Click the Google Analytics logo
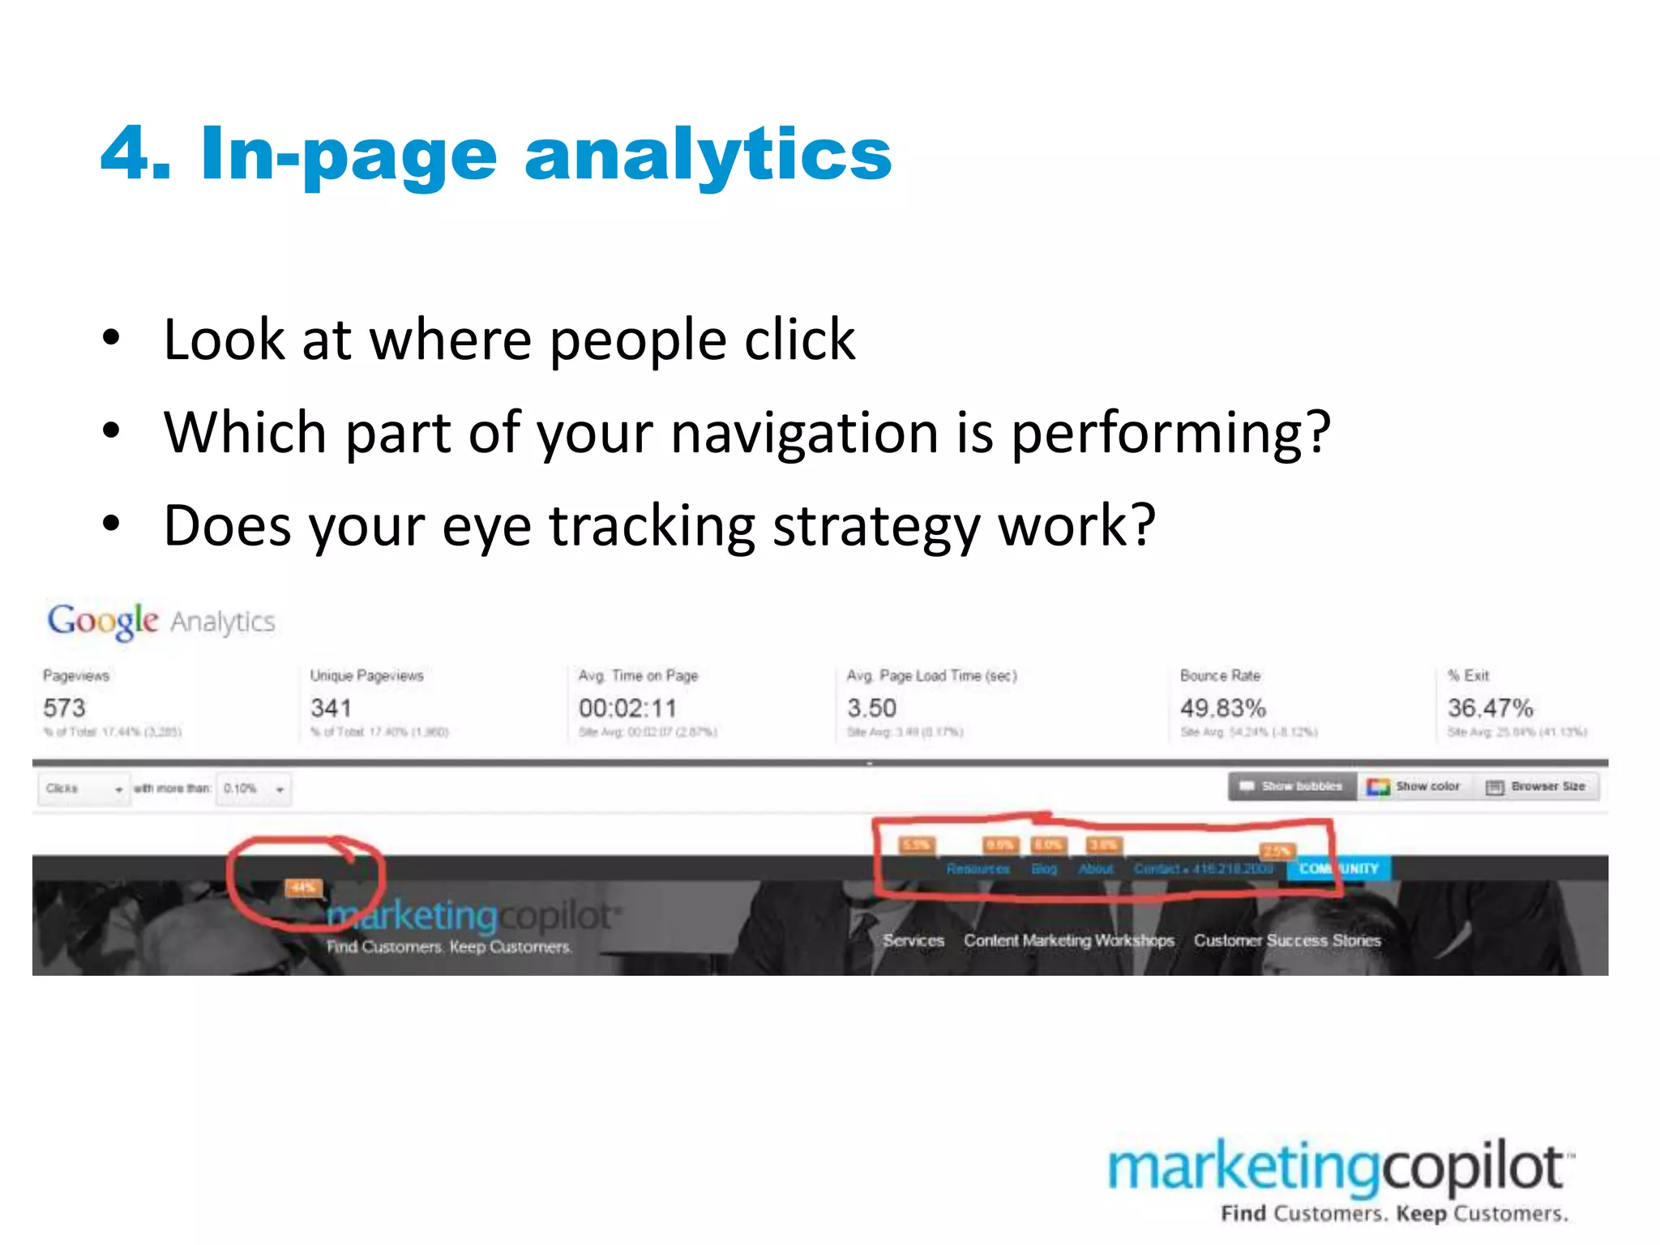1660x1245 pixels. (x=160, y=621)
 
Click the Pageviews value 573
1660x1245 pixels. (x=64, y=708)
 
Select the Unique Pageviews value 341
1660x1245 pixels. (x=331, y=708)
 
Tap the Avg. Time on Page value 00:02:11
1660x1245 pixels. (x=627, y=708)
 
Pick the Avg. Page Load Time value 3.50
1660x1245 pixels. (x=871, y=708)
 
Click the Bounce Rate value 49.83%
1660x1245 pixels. (x=1222, y=708)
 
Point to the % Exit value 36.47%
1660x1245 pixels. (x=1490, y=708)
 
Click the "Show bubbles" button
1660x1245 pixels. (x=1292, y=786)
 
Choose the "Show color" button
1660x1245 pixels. (x=1414, y=786)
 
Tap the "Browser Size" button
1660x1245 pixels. (x=1537, y=786)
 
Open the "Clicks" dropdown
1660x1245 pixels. (x=83, y=789)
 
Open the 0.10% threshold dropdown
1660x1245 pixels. (x=254, y=789)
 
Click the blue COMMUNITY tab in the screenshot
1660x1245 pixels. (x=1338, y=868)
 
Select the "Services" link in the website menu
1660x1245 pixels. (x=913, y=940)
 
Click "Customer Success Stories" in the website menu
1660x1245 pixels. (x=1287, y=940)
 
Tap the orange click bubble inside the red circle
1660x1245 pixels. (x=303, y=888)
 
